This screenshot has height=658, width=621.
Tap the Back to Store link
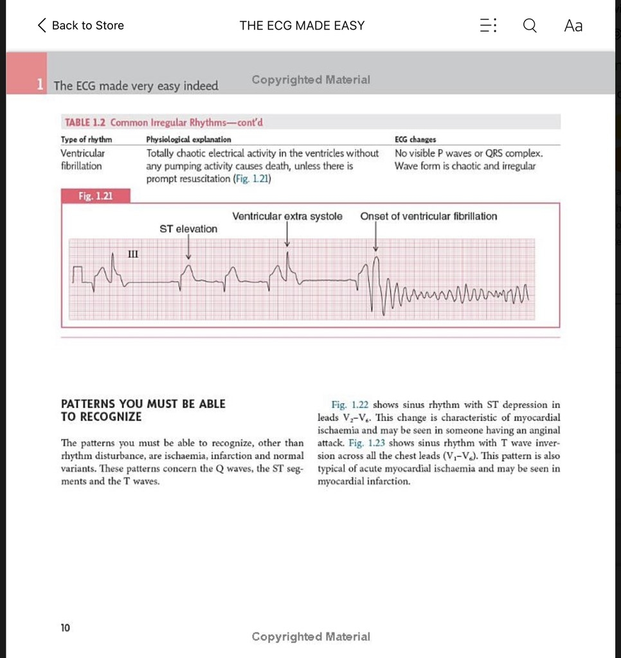tap(81, 26)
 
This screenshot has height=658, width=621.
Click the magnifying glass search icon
tap(529, 26)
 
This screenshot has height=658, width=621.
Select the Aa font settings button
tap(573, 26)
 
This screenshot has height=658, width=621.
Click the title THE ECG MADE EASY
tap(301, 26)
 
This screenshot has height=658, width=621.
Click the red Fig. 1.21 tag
tap(95, 195)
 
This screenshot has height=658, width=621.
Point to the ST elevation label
tap(188, 229)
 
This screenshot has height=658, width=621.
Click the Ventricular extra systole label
tap(287, 217)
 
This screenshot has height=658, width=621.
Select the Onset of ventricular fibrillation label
tap(428, 217)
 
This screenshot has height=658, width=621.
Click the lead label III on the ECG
tap(133, 254)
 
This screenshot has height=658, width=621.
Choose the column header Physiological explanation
tap(189, 139)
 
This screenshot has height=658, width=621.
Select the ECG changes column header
tap(415, 139)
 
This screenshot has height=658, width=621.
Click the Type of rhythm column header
tap(86, 139)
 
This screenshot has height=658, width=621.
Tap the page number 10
tap(66, 627)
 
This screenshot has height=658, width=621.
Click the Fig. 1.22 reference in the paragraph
tap(350, 405)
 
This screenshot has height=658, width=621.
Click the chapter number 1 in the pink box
tap(40, 84)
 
